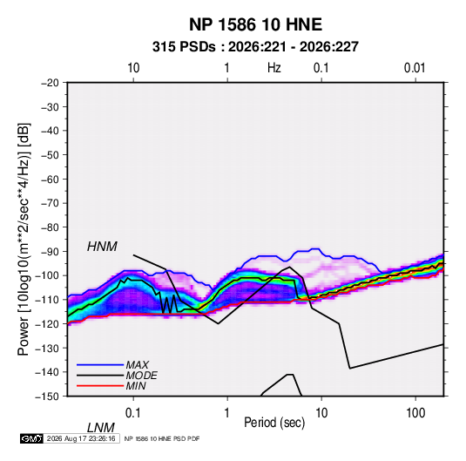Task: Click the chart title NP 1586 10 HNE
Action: coord(255,24)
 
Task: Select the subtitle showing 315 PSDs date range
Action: coord(255,47)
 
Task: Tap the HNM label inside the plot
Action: coord(102,247)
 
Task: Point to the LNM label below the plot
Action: coord(101,428)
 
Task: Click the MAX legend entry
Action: coord(137,364)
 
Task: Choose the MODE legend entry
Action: coord(141,376)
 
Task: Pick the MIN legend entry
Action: coord(136,386)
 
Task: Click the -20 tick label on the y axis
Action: coord(50,83)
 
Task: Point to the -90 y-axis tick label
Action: coord(50,252)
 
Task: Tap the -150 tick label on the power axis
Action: coord(47,397)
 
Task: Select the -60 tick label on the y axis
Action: coord(50,179)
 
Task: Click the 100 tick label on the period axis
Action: coord(415,413)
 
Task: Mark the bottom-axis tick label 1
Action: coord(227,413)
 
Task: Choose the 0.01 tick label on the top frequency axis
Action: coord(415,68)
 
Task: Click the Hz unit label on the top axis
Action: coord(274,68)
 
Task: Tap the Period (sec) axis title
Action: coord(274,423)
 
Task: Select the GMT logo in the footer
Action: coord(31,438)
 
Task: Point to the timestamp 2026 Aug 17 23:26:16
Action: coord(81,438)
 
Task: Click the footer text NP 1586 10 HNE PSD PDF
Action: coord(162,438)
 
